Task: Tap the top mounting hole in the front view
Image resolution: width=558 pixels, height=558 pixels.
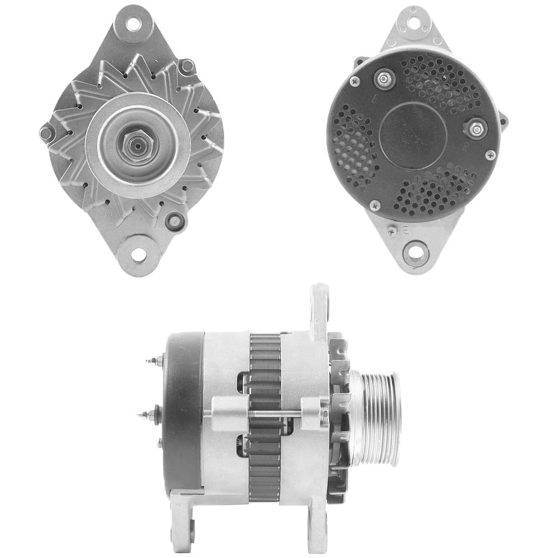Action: [133, 24]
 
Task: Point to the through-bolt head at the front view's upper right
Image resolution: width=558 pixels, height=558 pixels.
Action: [187, 66]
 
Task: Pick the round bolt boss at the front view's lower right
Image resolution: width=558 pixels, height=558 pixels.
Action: [175, 221]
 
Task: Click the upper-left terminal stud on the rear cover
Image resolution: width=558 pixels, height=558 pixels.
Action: [384, 79]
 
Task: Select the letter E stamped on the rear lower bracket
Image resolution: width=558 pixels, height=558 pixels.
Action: [406, 228]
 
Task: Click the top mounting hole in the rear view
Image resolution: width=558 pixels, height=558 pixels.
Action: [413, 23]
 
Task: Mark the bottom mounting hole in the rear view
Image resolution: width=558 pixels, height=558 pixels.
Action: [415, 252]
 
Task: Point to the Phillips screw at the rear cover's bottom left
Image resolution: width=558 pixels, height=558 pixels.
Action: [375, 206]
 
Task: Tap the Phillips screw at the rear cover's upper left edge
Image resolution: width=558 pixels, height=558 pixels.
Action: [354, 81]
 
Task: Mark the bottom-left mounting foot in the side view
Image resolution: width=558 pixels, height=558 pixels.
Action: [184, 522]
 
